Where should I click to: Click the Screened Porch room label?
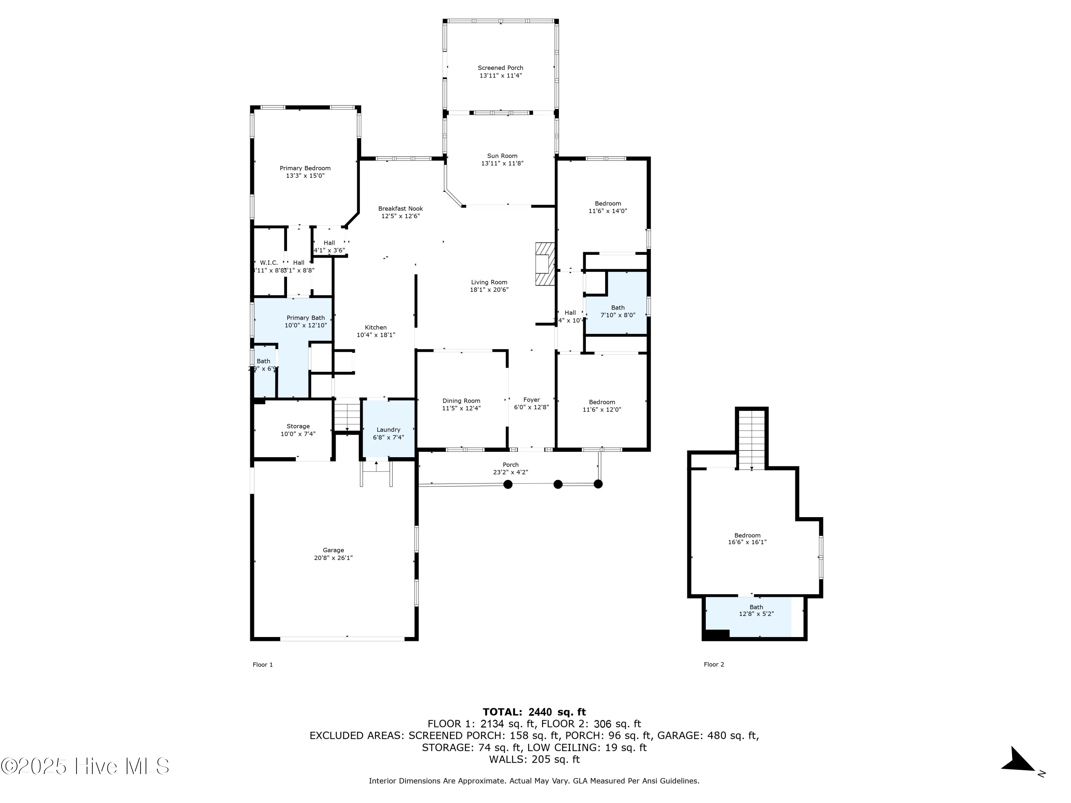[500, 68]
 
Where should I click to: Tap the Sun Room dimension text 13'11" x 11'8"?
[502, 163]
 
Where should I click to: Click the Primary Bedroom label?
[305, 168]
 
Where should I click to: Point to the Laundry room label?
[388, 430]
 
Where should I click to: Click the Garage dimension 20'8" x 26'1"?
[333, 557]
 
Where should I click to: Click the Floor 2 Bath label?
[756, 607]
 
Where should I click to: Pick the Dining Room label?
[461, 401]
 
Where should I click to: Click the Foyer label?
[531, 400]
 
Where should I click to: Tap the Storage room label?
[298, 426]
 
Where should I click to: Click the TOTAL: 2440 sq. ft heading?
[534, 712]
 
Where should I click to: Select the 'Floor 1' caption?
[262, 665]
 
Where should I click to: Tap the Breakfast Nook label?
[401, 209]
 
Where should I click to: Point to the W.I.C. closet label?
[269, 263]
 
